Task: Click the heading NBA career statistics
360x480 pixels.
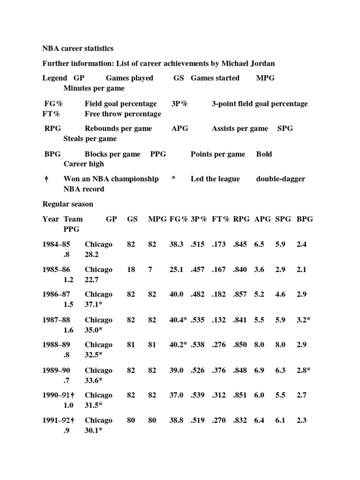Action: [78, 49]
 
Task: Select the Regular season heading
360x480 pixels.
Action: [67, 204]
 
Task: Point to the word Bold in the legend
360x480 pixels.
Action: [264, 154]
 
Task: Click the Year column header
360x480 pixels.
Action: [51, 219]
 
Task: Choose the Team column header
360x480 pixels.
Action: [73, 219]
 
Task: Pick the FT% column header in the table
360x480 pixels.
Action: [220, 219]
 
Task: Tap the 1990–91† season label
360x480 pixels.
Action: [59, 395]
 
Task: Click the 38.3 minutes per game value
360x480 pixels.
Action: [176, 244]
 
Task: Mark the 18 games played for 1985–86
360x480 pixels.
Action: [131, 270]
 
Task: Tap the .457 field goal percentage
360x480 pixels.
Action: [199, 270]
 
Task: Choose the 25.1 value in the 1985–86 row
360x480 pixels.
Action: [176, 270]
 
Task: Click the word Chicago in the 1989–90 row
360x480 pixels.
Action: [98, 370]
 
